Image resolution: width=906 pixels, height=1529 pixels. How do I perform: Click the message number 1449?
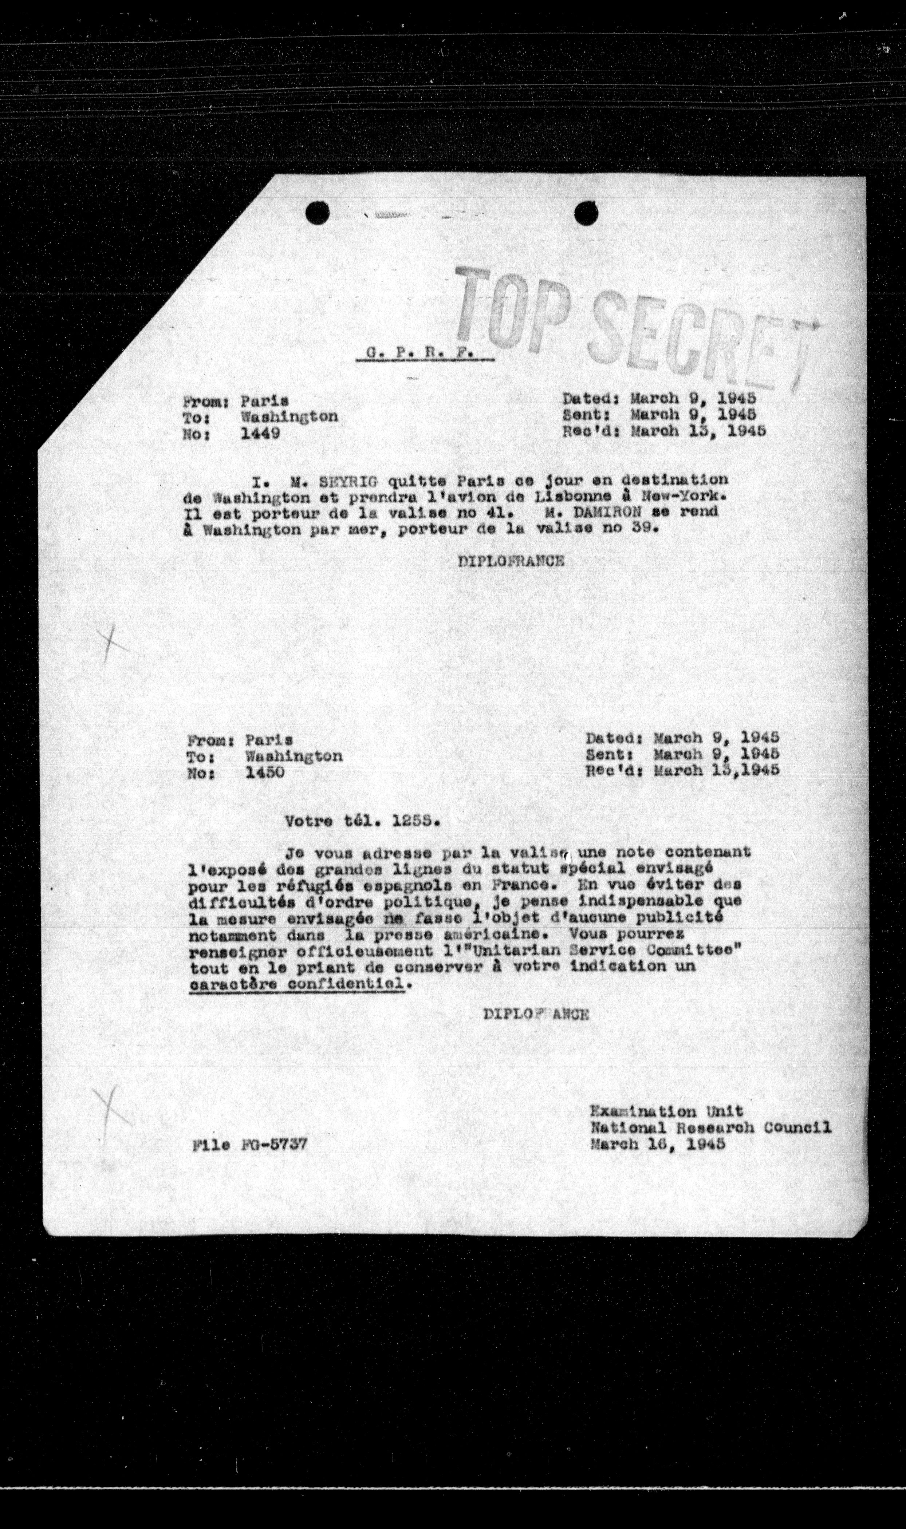pyautogui.click(x=261, y=434)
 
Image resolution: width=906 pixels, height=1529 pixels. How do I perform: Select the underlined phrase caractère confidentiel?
pyautogui.click(x=297, y=984)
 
